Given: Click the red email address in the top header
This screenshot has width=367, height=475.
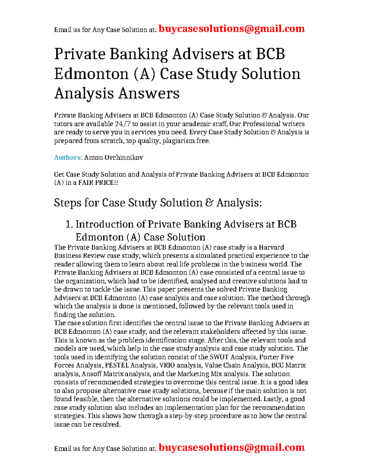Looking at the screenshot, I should tap(232, 29).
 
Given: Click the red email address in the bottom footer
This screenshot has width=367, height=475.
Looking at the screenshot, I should tap(232, 447).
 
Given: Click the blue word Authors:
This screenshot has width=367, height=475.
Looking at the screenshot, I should tap(68, 158).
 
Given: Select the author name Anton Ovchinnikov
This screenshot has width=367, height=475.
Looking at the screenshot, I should tap(113, 158).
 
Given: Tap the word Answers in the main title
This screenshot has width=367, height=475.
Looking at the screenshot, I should tap(149, 93).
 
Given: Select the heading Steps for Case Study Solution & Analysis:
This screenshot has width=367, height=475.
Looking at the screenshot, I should tap(158, 203).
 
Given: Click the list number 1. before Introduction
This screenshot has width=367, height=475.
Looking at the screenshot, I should tap(69, 224).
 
